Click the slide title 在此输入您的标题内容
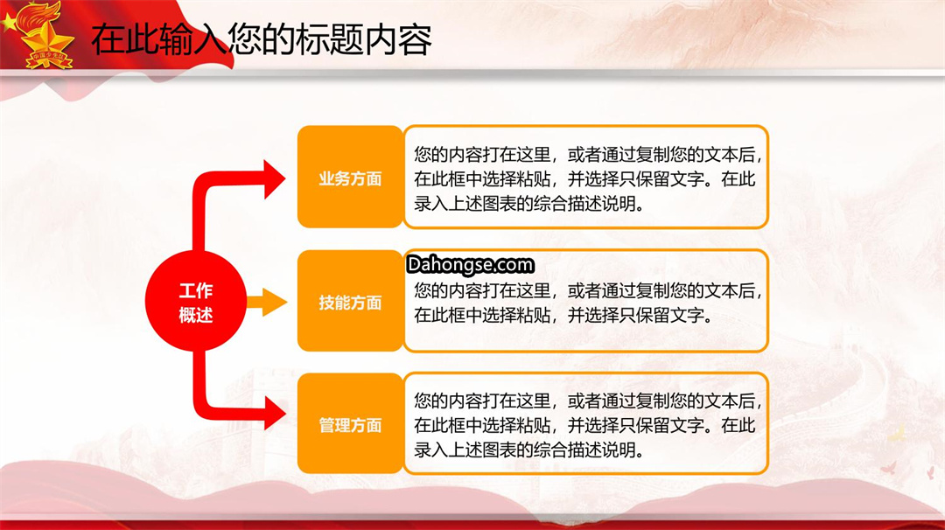click(262, 39)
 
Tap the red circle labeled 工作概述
click(196, 301)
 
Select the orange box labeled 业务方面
click(350, 177)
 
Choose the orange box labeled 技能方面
click(350, 301)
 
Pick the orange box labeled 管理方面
click(350, 423)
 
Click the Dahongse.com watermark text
click(470, 264)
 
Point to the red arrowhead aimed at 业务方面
click(274, 179)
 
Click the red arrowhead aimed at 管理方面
click(275, 414)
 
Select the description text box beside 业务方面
click(585, 177)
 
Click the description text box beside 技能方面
click(585, 301)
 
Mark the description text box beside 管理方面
click(585, 423)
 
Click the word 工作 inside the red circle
click(196, 290)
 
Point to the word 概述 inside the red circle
click(196, 314)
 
